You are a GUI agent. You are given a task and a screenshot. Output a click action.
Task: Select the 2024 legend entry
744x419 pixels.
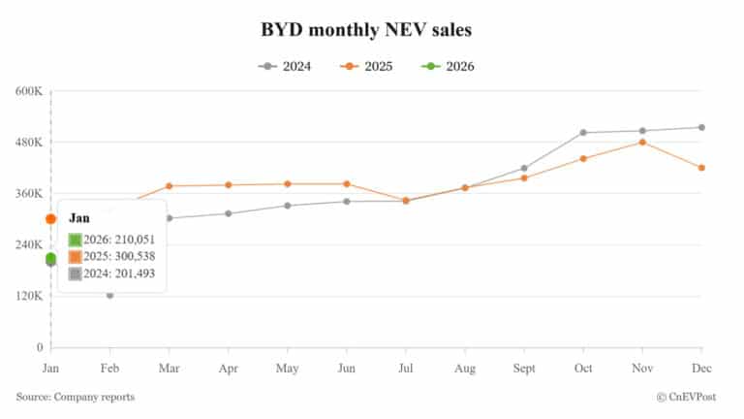tap(285, 67)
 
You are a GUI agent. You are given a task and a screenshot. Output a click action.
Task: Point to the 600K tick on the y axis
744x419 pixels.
tap(29, 91)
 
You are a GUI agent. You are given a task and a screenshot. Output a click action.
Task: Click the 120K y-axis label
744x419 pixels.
tap(29, 296)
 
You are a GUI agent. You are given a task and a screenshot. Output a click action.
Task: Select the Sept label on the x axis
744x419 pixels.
tap(524, 369)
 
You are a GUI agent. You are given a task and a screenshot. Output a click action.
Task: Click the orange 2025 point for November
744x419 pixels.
tap(642, 143)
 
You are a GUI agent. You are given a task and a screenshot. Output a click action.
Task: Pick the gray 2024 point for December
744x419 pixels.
tap(701, 127)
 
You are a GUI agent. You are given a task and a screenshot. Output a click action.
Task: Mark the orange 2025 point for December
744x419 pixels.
tap(701, 168)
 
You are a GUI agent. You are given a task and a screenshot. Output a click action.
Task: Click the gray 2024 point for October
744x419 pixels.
tap(583, 132)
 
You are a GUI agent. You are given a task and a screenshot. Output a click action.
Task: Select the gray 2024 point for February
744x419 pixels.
tap(109, 295)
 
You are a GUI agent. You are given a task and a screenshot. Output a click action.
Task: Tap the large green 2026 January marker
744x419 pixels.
tap(50, 258)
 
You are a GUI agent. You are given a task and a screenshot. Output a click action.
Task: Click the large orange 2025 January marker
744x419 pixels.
tap(50, 219)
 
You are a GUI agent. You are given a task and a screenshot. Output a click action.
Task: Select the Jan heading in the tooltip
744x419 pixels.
tap(78, 218)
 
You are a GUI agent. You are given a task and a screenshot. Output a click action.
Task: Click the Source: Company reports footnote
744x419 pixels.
tap(75, 397)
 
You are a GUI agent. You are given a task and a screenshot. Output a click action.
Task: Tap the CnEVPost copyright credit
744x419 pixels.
tap(692, 397)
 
